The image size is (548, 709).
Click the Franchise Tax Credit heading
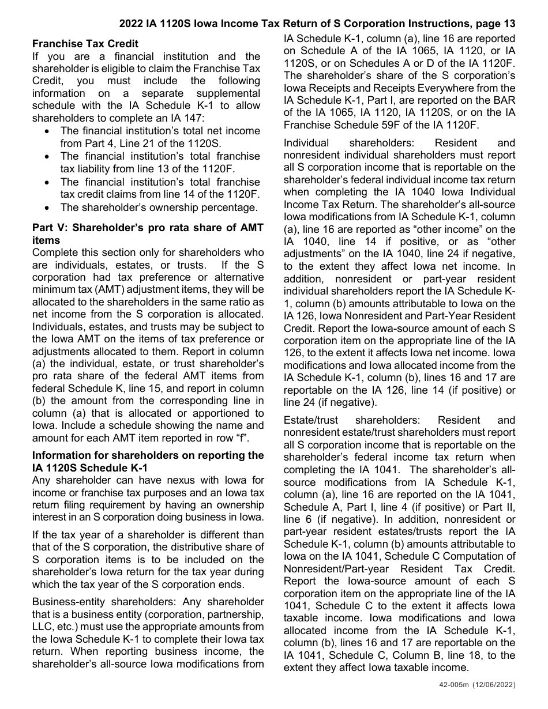[85, 44]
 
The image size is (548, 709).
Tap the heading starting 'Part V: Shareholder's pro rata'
[148, 228]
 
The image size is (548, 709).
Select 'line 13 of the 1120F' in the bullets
[213, 168]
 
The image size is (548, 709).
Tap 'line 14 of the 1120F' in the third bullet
[213, 194]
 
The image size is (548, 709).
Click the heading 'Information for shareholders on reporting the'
[148, 455]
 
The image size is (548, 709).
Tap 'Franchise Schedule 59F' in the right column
[334, 125]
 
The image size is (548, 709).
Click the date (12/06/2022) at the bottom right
[493, 685]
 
